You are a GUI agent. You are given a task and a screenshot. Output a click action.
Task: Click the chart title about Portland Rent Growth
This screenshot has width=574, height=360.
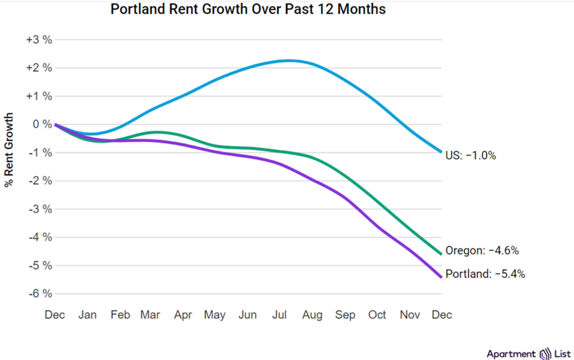pos(248,10)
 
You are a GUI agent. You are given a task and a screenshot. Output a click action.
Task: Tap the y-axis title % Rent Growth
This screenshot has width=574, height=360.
pos(9,150)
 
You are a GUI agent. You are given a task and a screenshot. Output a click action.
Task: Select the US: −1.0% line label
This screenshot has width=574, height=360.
pos(471,156)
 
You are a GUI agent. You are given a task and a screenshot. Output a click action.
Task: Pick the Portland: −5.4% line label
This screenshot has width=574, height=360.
pos(485,274)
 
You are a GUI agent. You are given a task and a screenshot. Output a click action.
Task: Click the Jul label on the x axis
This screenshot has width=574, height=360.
pos(280,315)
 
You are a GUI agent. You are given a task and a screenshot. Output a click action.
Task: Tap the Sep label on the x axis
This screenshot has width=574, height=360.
pos(345,315)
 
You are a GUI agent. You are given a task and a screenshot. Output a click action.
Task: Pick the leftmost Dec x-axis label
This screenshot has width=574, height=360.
pos(55,315)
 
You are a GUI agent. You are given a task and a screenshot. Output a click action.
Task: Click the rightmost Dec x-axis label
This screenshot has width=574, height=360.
pos(442,315)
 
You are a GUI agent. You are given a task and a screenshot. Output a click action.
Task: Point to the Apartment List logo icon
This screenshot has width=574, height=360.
pos(545,354)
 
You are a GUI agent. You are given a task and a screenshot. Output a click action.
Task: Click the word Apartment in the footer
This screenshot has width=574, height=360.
pos(511,354)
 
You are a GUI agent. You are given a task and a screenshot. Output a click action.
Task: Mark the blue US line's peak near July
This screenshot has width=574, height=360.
pos(289,60)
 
